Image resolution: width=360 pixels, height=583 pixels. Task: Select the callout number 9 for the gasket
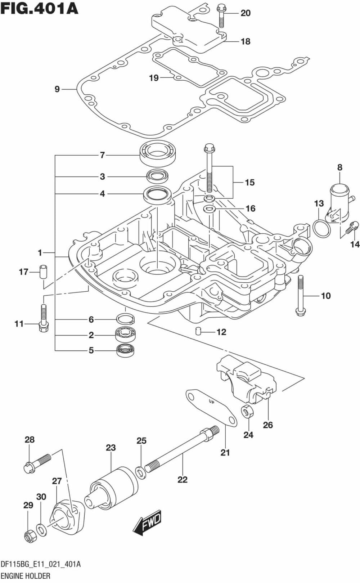[x=57, y=89]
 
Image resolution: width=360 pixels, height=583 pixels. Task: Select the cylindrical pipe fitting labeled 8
[x=339, y=200]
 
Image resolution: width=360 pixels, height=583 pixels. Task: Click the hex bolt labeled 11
[x=43, y=319]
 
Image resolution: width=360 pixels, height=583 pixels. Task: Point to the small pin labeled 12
[x=198, y=331]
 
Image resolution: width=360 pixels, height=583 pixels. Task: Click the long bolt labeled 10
[x=301, y=296]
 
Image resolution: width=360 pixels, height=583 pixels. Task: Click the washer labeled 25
[x=141, y=472]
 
